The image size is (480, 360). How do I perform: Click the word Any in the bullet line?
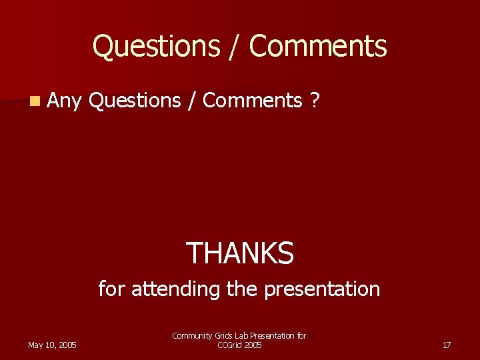(x=64, y=101)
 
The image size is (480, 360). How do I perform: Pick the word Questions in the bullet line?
(x=134, y=101)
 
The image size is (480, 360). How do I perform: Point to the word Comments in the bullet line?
(x=253, y=101)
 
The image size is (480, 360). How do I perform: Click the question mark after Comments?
(x=315, y=101)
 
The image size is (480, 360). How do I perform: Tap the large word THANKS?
(x=239, y=253)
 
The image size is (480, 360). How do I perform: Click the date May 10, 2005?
(x=52, y=345)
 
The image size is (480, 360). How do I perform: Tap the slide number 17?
(x=447, y=345)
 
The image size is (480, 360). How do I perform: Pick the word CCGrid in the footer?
(x=229, y=345)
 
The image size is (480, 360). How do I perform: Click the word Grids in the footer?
(x=219, y=336)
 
